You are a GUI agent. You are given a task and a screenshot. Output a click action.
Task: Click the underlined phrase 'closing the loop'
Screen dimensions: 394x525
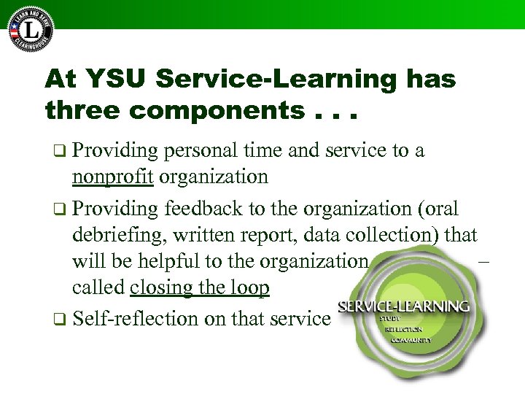point(199,288)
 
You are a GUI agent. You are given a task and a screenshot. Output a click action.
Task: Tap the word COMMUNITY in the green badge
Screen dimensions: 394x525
point(411,340)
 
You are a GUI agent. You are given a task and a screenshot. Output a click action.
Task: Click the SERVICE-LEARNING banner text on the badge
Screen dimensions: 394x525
point(403,306)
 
